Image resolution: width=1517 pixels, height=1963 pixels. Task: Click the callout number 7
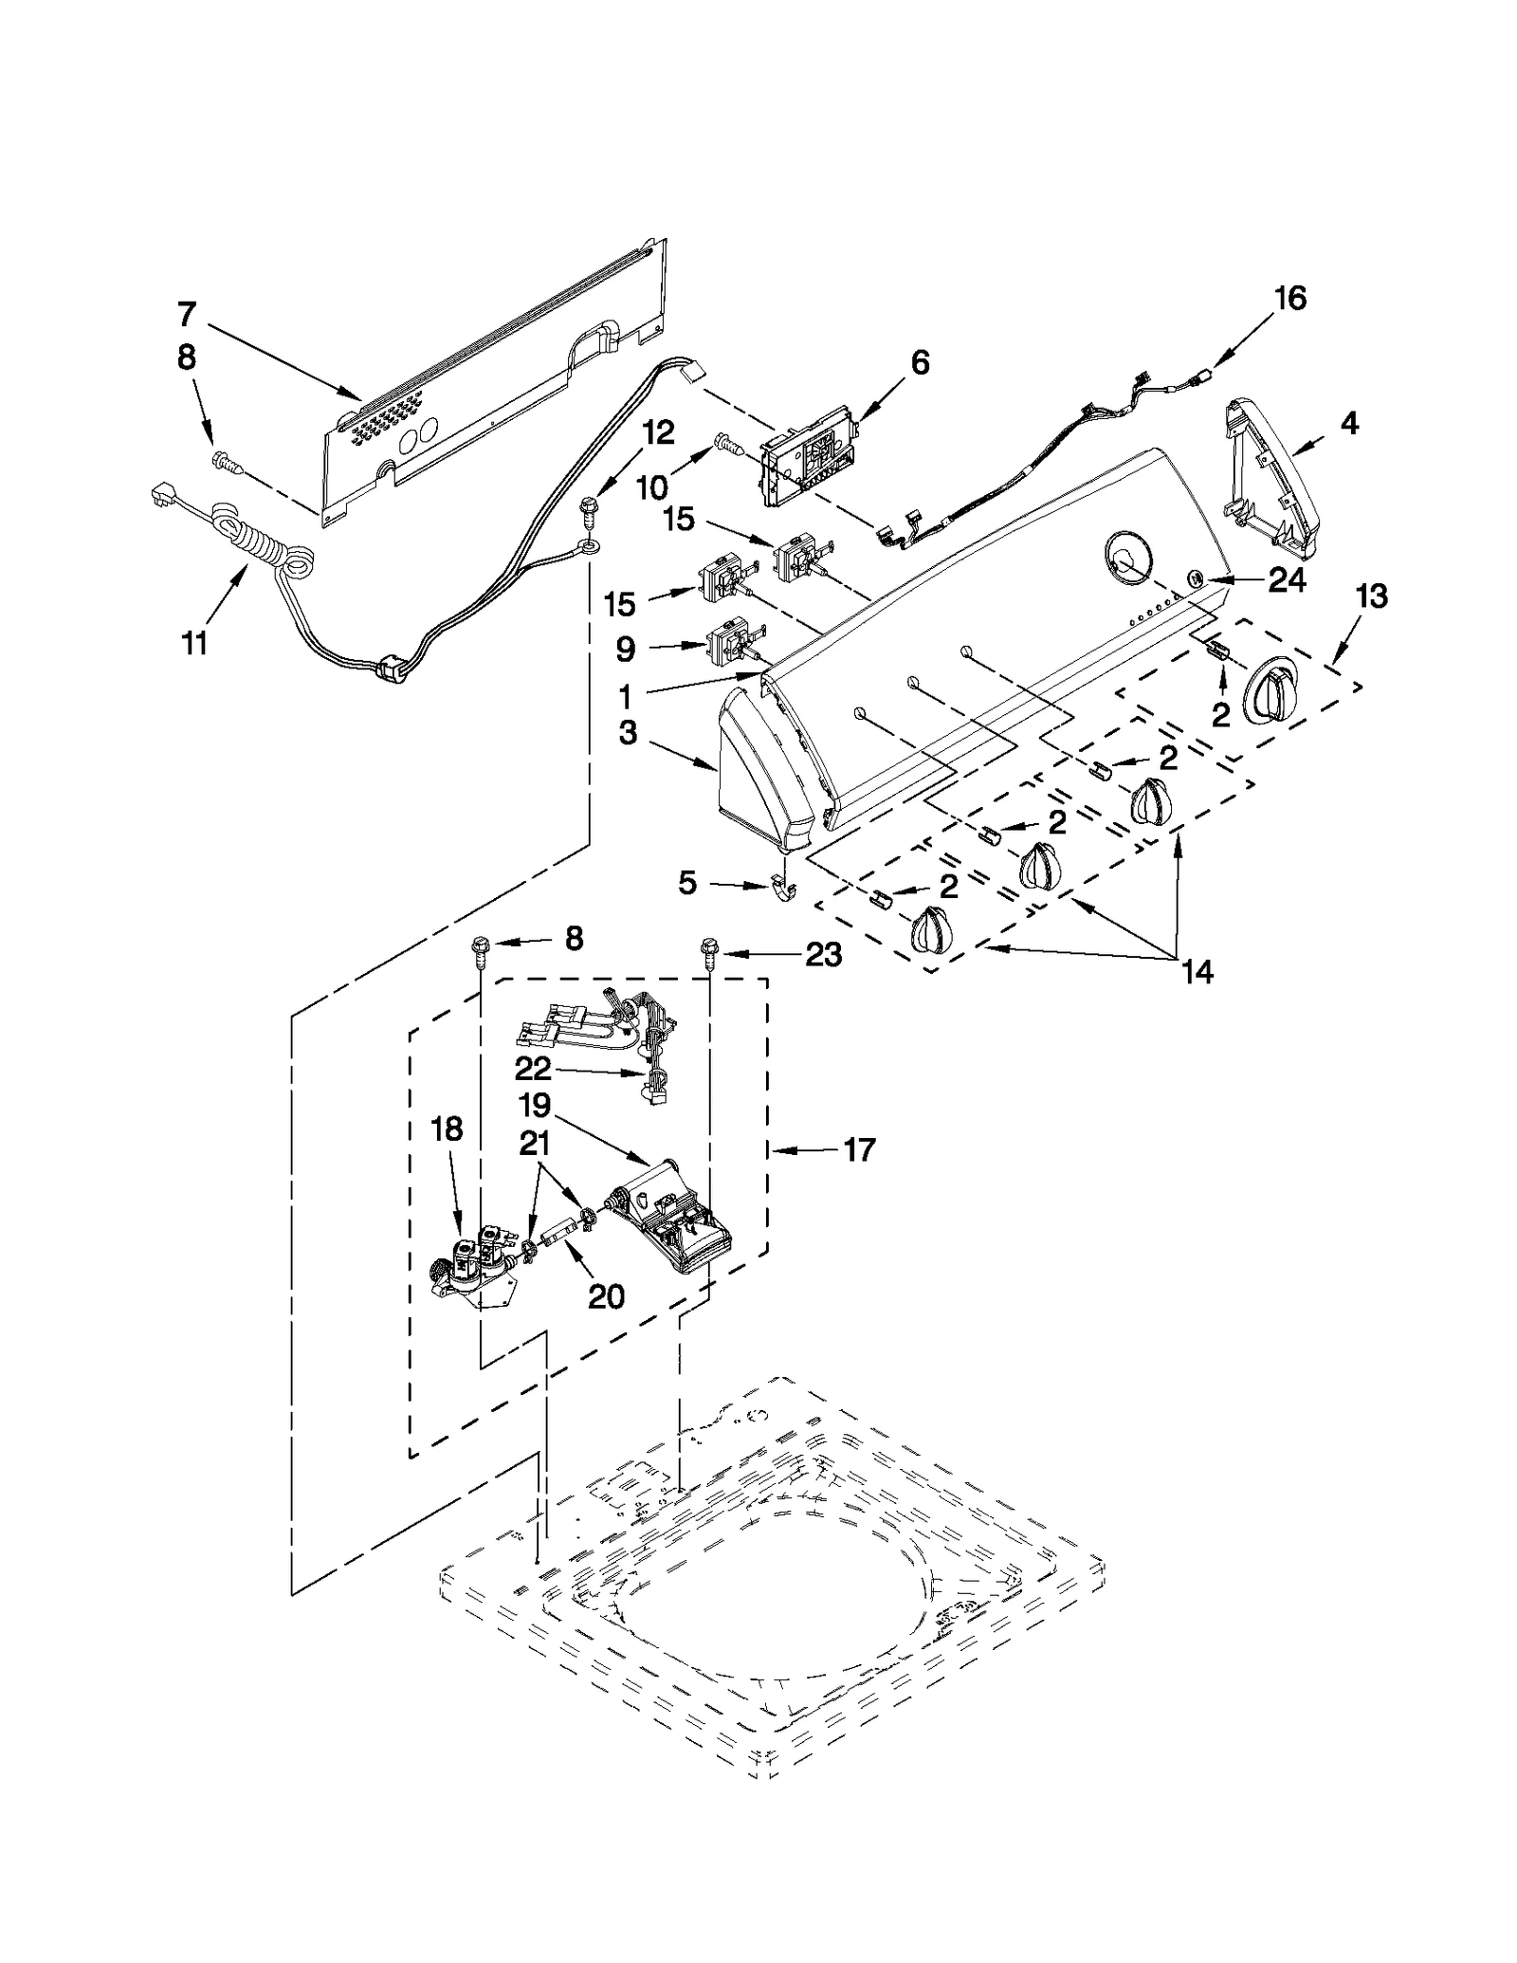187,313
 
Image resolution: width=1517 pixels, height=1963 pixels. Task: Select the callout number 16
1289,298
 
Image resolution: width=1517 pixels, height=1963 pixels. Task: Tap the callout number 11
193,643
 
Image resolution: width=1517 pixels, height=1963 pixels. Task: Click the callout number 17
858,1149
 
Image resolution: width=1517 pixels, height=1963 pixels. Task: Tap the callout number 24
1287,579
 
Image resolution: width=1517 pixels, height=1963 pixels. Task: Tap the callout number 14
1197,971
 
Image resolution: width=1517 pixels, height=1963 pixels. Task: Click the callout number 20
606,1295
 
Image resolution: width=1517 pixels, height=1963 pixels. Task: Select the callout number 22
533,1069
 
